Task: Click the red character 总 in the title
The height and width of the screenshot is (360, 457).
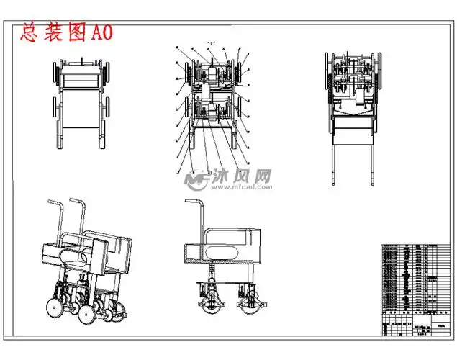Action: click(29, 32)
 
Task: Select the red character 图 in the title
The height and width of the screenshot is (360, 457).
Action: click(74, 32)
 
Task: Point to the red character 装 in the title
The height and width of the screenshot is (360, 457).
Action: click(52, 32)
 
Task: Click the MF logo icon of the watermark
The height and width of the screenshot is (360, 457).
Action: click(195, 178)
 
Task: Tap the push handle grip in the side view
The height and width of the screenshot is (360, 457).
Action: click(192, 201)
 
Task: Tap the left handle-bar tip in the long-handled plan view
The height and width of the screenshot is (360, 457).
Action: click(334, 181)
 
